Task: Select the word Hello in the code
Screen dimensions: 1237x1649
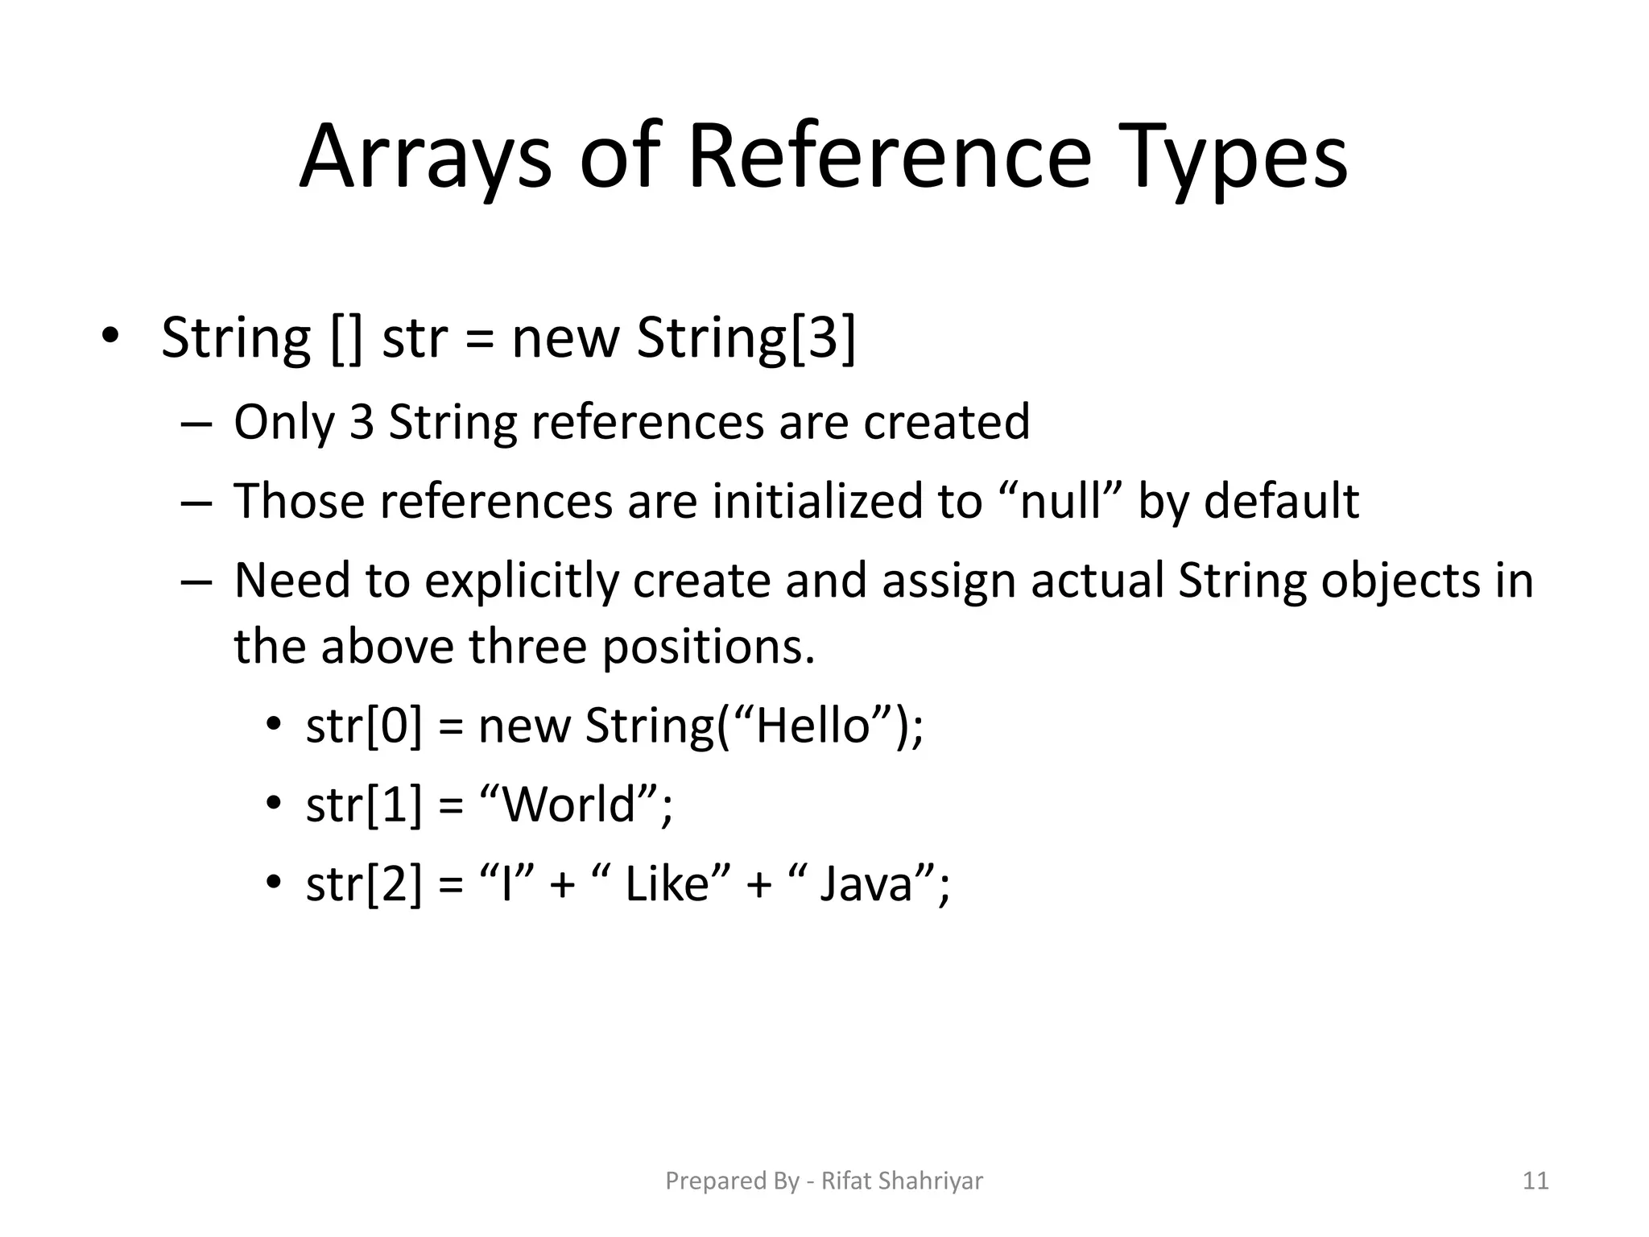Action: point(813,725)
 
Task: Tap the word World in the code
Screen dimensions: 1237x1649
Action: point(568,804)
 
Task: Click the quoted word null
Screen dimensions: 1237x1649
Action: point(1060,501)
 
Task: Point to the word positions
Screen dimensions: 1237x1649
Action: point(709,647)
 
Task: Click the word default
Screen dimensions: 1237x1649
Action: point(1281,501)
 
